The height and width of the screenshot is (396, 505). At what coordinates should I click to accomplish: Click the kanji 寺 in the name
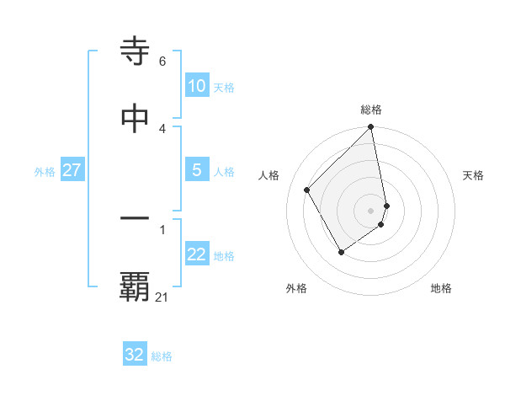click(136, 51)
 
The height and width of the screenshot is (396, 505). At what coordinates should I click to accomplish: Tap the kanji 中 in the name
click(136, 117)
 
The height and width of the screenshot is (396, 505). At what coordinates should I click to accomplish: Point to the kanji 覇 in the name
click(136, 287)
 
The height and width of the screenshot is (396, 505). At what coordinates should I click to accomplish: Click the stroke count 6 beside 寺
click(162, 62)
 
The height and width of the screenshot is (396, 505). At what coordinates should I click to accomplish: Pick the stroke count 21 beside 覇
click(162, 297)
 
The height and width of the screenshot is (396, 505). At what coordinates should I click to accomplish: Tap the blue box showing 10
click(196, 86)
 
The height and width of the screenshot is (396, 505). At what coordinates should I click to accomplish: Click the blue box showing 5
click(196, 170)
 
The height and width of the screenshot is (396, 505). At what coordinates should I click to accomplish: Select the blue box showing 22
click(196, 255)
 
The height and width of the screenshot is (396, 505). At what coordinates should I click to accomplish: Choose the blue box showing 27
click(72, 170)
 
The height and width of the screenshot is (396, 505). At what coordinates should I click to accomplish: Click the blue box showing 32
click(135, 355)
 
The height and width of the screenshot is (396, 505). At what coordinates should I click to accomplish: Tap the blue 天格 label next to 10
click(224, 87)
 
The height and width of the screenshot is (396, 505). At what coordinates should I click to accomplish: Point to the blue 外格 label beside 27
click(45, 171)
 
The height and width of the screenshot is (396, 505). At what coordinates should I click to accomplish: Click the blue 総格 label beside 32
click(162, 356)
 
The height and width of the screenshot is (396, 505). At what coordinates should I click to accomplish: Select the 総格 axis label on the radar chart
click(371, 110)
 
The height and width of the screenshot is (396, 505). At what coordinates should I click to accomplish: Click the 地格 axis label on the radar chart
click(441, 288)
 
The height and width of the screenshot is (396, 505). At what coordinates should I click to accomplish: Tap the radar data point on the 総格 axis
click(371, 128)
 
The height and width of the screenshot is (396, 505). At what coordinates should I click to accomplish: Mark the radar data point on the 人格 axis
click(307, 190)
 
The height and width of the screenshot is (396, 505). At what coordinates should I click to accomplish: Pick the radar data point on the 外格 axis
click(341, 251)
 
